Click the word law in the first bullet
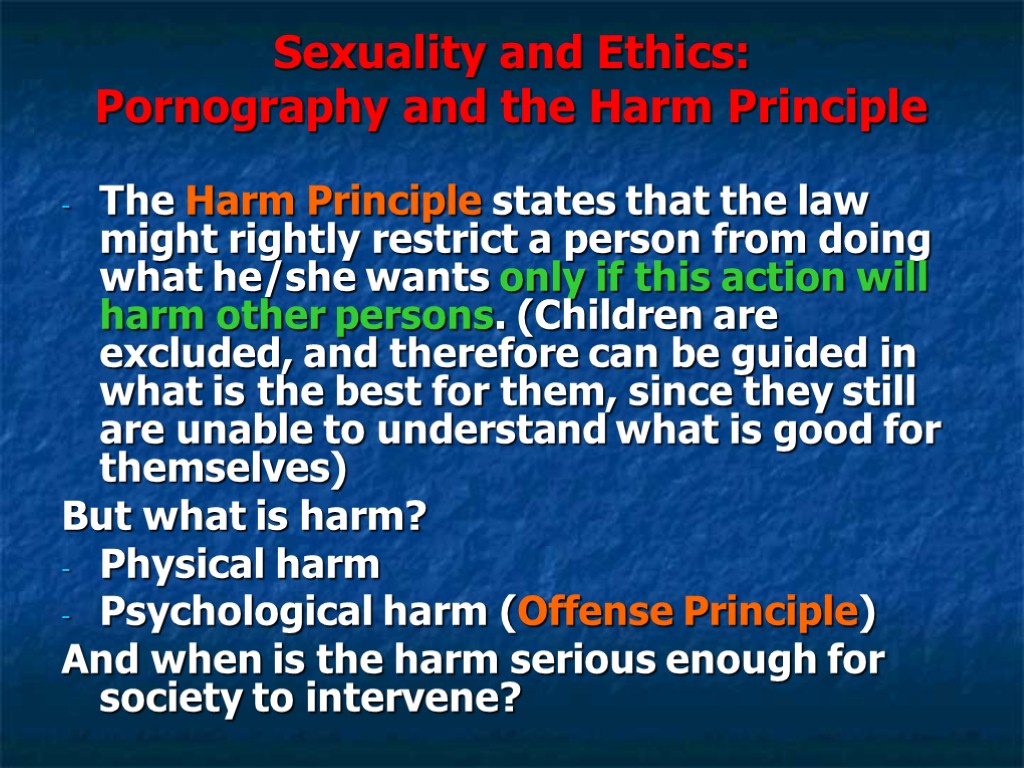pyautogui.click(x=834, y=203)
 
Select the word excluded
pyautogui.click(x=190, y=354)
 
